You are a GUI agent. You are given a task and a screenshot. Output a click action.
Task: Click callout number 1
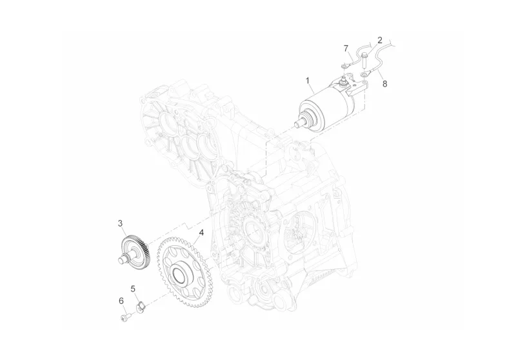[307, 81]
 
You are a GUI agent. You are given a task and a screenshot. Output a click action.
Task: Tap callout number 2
[380, 41]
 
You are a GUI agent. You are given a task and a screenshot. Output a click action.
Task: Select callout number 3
[121, 223]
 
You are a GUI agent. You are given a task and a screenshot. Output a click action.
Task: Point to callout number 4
[201, 233]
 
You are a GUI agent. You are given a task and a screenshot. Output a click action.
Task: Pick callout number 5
[133, 288]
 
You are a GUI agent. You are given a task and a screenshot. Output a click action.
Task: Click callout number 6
[121, 301]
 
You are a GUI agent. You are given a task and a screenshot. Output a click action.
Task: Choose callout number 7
[346, 48]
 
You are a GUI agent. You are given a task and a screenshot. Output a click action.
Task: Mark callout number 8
[385, 83]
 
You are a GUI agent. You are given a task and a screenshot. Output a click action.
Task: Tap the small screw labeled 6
[124, 316]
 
